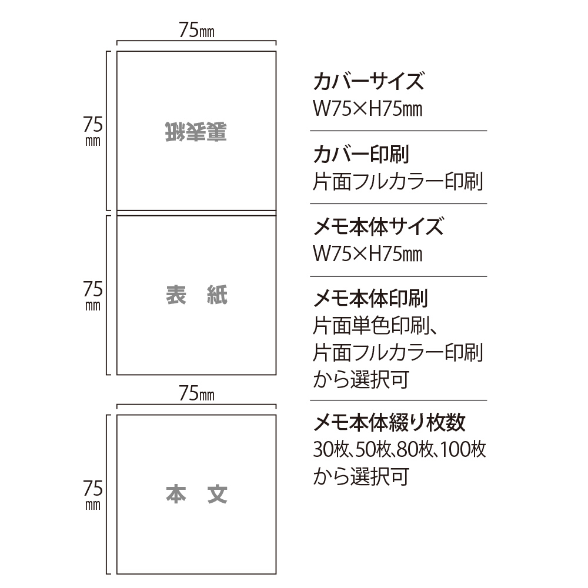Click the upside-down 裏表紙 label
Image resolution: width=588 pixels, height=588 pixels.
click(x=196, y=132)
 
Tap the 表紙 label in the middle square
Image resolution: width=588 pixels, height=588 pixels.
click(x=196, y=295)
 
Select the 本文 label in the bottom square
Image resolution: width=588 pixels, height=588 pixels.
click(x=196, y=495)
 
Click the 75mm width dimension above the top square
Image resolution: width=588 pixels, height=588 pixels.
click(x=196, y=30)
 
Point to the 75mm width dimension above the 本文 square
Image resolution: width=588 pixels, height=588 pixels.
click(x=196, y=393)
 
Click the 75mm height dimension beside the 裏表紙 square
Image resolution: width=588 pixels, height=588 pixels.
click(x=93, y=131)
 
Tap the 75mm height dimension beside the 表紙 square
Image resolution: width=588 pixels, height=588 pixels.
click(x=93, y=295)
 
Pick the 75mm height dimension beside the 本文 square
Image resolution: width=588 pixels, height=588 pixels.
click(x=93, y=495)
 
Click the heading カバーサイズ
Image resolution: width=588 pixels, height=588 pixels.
click(x=369, y=81)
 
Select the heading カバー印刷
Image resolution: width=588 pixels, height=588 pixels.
click(x=361, y=154)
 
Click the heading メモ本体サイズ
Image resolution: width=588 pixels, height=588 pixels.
click(x=378, y=226)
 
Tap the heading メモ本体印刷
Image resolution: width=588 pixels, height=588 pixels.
click(x=370, y=299)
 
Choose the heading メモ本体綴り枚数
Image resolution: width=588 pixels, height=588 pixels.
click(x=389, y=423)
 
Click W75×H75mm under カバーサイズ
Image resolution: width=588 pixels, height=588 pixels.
click(x=367, y=109)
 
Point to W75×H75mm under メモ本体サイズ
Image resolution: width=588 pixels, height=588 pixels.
click(x=367, y=254)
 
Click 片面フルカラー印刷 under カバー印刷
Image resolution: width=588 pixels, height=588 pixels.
click(x=398, y=182)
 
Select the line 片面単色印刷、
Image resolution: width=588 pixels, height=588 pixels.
click(x=375, y=326)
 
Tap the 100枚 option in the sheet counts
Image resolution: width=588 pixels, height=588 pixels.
click(x=463, y=449)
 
